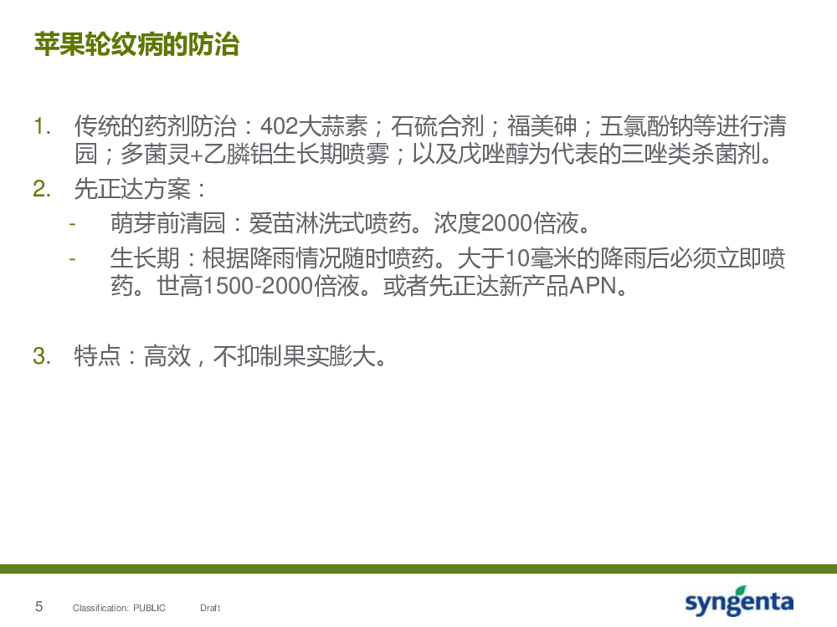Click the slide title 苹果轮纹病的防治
(x=136, y=44)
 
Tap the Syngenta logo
(x=739, y=601)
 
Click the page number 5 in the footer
(x=39, y=606)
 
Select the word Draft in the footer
(x=210, y=608)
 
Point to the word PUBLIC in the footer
(x=150, y=608)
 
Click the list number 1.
(x=42, y=127)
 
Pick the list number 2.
(x=42, y=189)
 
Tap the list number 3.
(x=42, y=356)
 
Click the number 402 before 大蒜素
(x=279, y=126)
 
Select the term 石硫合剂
(x=437, y=126)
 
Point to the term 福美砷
(x=542, y=126)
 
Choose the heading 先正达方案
(x=132, y=189)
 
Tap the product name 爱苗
(x=272, y=223)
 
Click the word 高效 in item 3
(x=167, y=356)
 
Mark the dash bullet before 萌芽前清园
(x=72, y=224)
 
